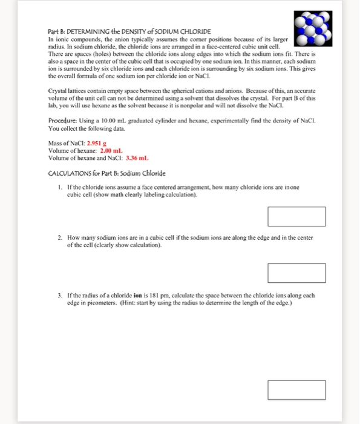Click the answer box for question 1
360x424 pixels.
click(296, 216)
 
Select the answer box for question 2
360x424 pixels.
click(296, 273)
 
